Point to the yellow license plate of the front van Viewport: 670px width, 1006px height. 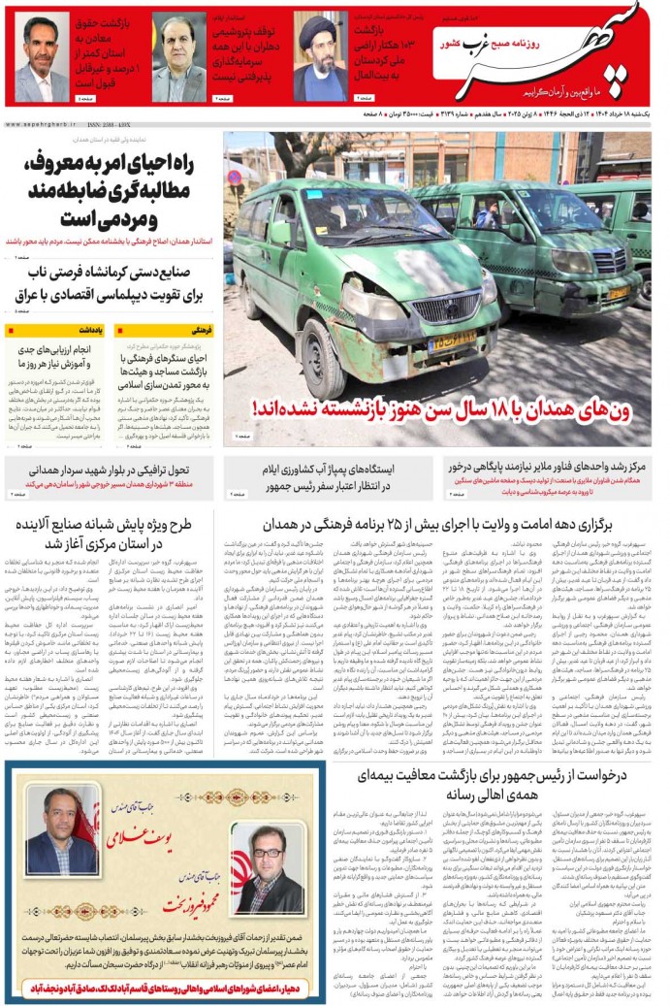[452, 341]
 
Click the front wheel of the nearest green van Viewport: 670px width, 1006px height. [320, 355]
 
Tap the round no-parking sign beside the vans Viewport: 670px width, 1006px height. [234, 178]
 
